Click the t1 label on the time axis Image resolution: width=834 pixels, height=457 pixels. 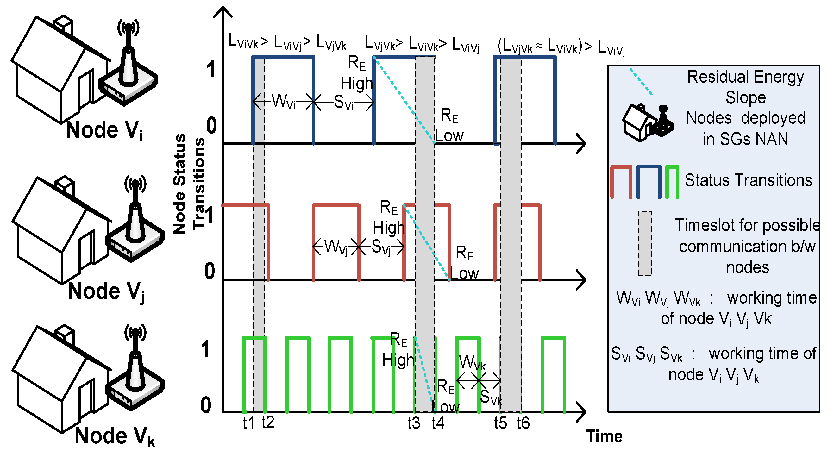coord(249,423)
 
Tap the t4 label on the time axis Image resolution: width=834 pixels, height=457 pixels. coord(438,423)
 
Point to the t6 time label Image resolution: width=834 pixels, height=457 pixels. coord(523,423)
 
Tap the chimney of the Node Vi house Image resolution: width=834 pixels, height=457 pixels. coord(64,24)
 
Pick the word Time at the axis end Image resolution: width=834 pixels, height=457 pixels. coord(604,436)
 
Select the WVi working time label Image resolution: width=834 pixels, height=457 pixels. coord(283,101)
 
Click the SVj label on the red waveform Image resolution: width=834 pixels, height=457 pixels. coord(381,247)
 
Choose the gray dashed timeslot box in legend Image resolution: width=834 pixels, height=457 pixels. coord(645,243)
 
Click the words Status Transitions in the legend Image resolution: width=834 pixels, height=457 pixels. coord(748,180)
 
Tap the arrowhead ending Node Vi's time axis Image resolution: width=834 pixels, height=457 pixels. coord(582,143)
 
